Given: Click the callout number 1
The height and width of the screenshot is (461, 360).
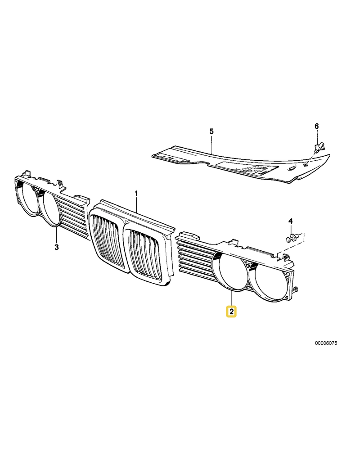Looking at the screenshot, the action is [136, 194].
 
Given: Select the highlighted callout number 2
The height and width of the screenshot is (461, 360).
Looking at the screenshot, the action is [231, 312].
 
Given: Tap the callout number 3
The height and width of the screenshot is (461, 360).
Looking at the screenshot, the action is [57, 247].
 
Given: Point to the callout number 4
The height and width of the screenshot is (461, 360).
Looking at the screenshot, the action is [290, 221].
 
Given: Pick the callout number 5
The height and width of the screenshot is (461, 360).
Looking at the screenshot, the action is [211, 131].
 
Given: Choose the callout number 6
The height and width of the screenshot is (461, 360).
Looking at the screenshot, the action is [316, 126].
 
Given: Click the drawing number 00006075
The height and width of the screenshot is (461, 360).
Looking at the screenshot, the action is [326, 343].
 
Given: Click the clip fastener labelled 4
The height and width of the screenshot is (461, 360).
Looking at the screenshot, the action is [292, 238].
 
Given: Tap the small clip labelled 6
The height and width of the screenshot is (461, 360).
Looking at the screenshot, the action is [318, 148].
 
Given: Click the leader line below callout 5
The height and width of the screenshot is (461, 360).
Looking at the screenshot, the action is [211, 144].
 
